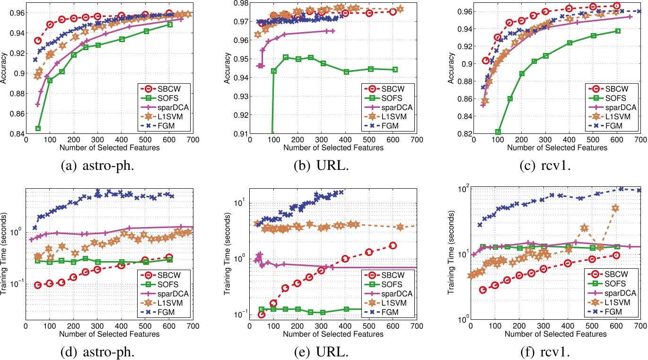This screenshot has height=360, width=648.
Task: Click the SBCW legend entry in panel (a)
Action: (164, 89)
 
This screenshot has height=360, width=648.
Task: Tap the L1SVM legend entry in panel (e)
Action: (388, 303)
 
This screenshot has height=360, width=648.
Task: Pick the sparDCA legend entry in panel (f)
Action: (612, 293)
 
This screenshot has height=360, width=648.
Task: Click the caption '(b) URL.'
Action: (321, 166)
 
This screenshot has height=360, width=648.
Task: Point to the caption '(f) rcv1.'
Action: (545, 352)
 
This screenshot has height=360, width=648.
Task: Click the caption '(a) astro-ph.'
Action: (97, 166)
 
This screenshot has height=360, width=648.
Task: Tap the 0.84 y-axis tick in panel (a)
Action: (17, 134)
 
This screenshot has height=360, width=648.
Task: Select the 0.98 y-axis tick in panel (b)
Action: (241, 3)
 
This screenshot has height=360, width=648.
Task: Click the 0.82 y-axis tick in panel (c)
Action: (464, 134)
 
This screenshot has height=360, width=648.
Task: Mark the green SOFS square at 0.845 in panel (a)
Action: (38, 128)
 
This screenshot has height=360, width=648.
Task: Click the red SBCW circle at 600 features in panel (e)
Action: (393, 246)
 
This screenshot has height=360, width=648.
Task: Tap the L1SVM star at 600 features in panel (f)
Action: (615, 208)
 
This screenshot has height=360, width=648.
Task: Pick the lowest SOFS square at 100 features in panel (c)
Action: (498, 132)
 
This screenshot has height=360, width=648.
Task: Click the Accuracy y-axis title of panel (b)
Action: (227, 68)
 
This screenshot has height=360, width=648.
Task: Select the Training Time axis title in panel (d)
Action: (3, 254)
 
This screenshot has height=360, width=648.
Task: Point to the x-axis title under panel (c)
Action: (557, 148)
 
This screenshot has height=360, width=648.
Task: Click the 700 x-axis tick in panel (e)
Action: (417, 326)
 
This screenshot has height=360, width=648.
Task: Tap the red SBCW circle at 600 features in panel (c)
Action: (614, 6)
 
